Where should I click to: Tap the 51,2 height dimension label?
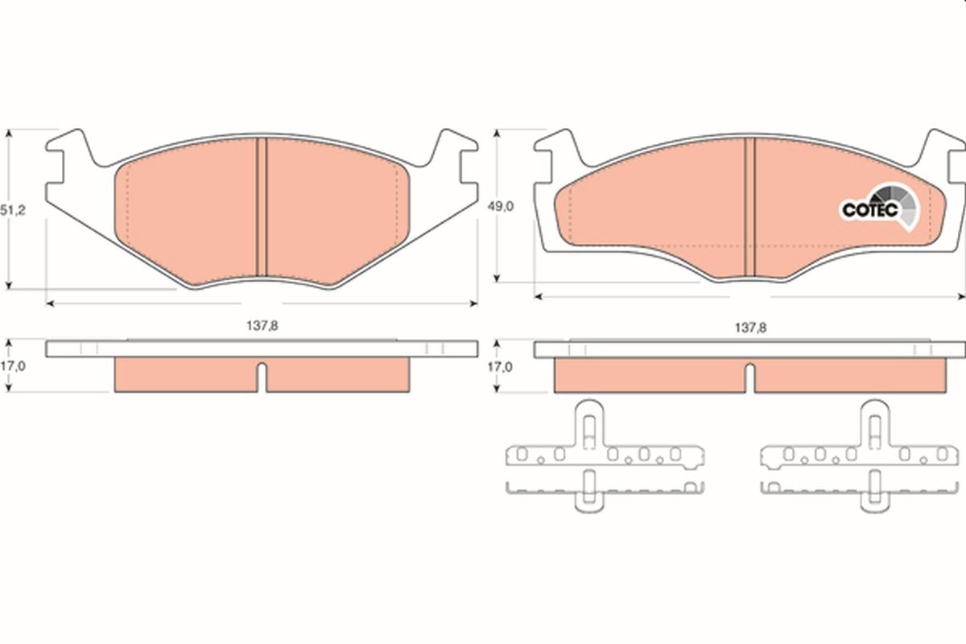[x=13, y=210]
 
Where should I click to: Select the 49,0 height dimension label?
[x=500, y=207]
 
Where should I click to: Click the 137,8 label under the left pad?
[x=262, y=326]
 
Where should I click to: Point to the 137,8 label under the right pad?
[x=751, y=328]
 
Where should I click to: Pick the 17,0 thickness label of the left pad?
[x=13, y=366]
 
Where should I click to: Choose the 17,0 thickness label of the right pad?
[x=500, y=367]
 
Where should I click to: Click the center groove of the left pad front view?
[x=262, y=207]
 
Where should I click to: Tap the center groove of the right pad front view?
[x=750, y=207]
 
